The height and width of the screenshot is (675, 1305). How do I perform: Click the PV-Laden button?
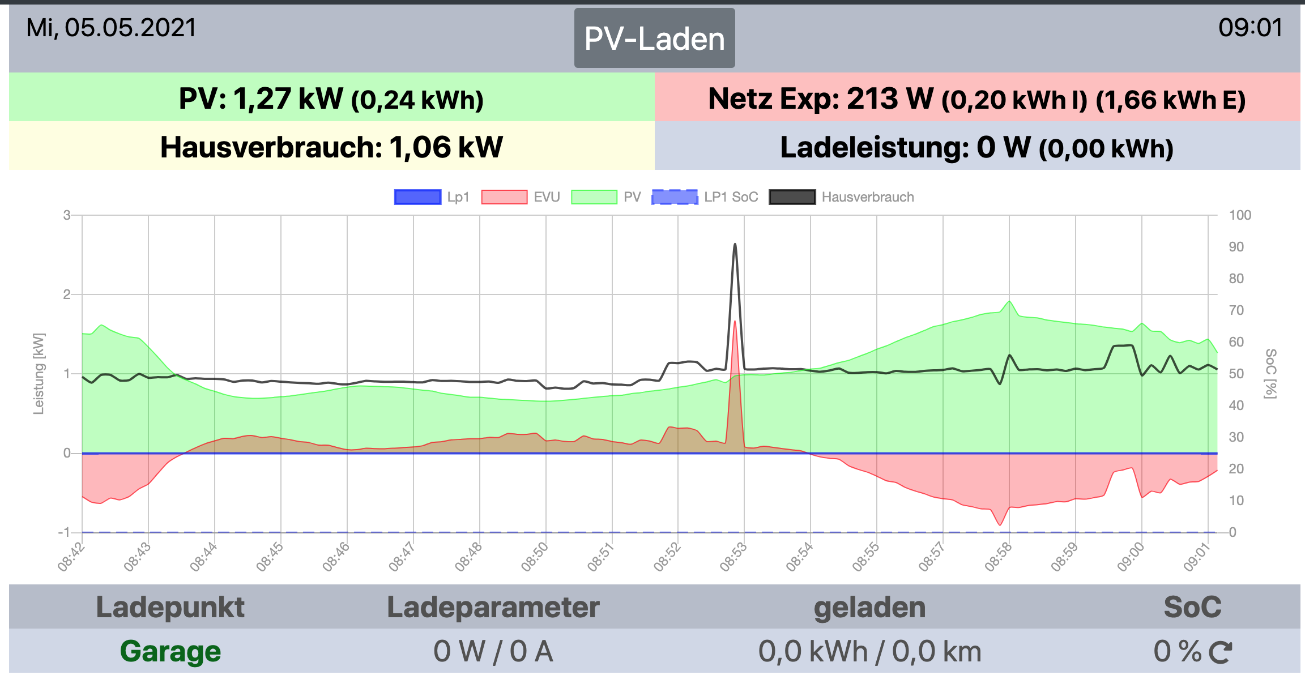click(654, 39)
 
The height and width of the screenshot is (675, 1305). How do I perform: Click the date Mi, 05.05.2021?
click(111, 28)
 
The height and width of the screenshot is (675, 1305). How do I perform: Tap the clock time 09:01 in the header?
click(1250, 28)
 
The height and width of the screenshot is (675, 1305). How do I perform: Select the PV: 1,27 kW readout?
click(331, 99)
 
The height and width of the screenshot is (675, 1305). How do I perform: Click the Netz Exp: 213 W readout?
click(976, 99)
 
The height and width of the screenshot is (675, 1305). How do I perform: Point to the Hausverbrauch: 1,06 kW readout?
click(331, 147)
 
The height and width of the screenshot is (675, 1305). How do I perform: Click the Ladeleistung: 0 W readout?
click(976, 147)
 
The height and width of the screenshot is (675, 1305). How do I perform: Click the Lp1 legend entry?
click(432, 197)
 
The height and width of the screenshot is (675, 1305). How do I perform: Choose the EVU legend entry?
click(520, 197)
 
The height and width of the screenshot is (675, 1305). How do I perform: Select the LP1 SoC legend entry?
click(705, 197)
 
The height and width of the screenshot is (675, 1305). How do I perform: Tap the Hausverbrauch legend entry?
click(842, 197)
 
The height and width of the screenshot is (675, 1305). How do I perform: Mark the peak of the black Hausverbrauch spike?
click(735, 245)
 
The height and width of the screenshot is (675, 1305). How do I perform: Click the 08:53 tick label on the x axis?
click(733, 557)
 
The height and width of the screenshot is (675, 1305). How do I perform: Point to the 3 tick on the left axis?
click(67, 215)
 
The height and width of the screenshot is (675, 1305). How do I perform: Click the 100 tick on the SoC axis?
click(1240, 215)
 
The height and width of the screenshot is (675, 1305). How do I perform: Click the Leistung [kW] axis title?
click(39, 374)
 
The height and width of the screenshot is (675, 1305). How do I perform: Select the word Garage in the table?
click(170, 651)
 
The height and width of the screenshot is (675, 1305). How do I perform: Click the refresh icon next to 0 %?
click(1220, 652)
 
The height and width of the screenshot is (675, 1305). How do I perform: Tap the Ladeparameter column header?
click(493, 607)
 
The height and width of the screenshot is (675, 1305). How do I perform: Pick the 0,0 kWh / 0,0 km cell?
click(869, 651)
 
